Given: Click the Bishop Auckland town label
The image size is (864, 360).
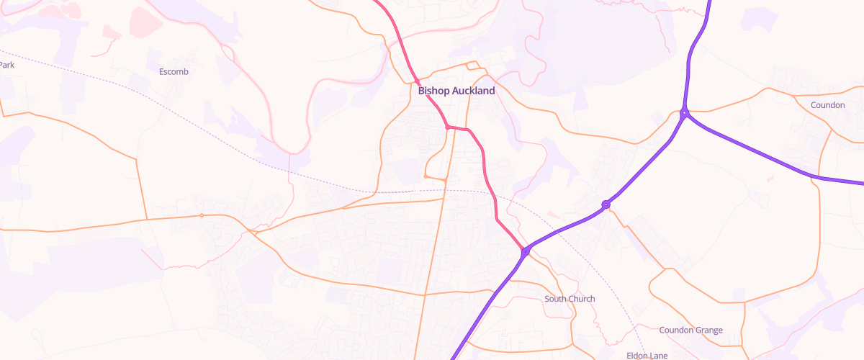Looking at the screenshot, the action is pyautogui.click(x=456, y=91).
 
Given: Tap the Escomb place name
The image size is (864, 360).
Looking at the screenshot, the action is pyautogui.click(x=174, y=71).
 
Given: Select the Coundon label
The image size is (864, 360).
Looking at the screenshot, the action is pyautogui.click(x=827, y=104).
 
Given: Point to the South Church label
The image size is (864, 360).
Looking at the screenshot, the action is pyautogui.click(x=570, y=299).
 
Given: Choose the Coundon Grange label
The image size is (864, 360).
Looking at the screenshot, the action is pyautogui.click(x=690, y=330).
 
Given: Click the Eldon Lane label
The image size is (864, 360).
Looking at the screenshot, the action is pyautogui.click(x=647, y=356).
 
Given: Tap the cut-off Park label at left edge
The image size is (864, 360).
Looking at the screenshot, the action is pyautogui.click(x=7, y=65).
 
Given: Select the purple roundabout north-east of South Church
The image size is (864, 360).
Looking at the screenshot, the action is pyautogui.click(x=606, y=204).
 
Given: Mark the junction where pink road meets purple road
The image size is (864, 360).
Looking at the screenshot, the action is pyautogui.click(x=526, y=251).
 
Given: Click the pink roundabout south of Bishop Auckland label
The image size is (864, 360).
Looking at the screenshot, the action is pyautogui.click(x=448, y=127).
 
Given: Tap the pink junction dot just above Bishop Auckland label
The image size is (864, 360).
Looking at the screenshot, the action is pyautogui.click(x=416, y=80).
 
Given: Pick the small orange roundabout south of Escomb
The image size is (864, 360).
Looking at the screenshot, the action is pyautogui.click(x=202, y=215).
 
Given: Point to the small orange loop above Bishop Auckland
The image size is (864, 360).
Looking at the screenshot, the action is pyautogui.click(x=472, y=66).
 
